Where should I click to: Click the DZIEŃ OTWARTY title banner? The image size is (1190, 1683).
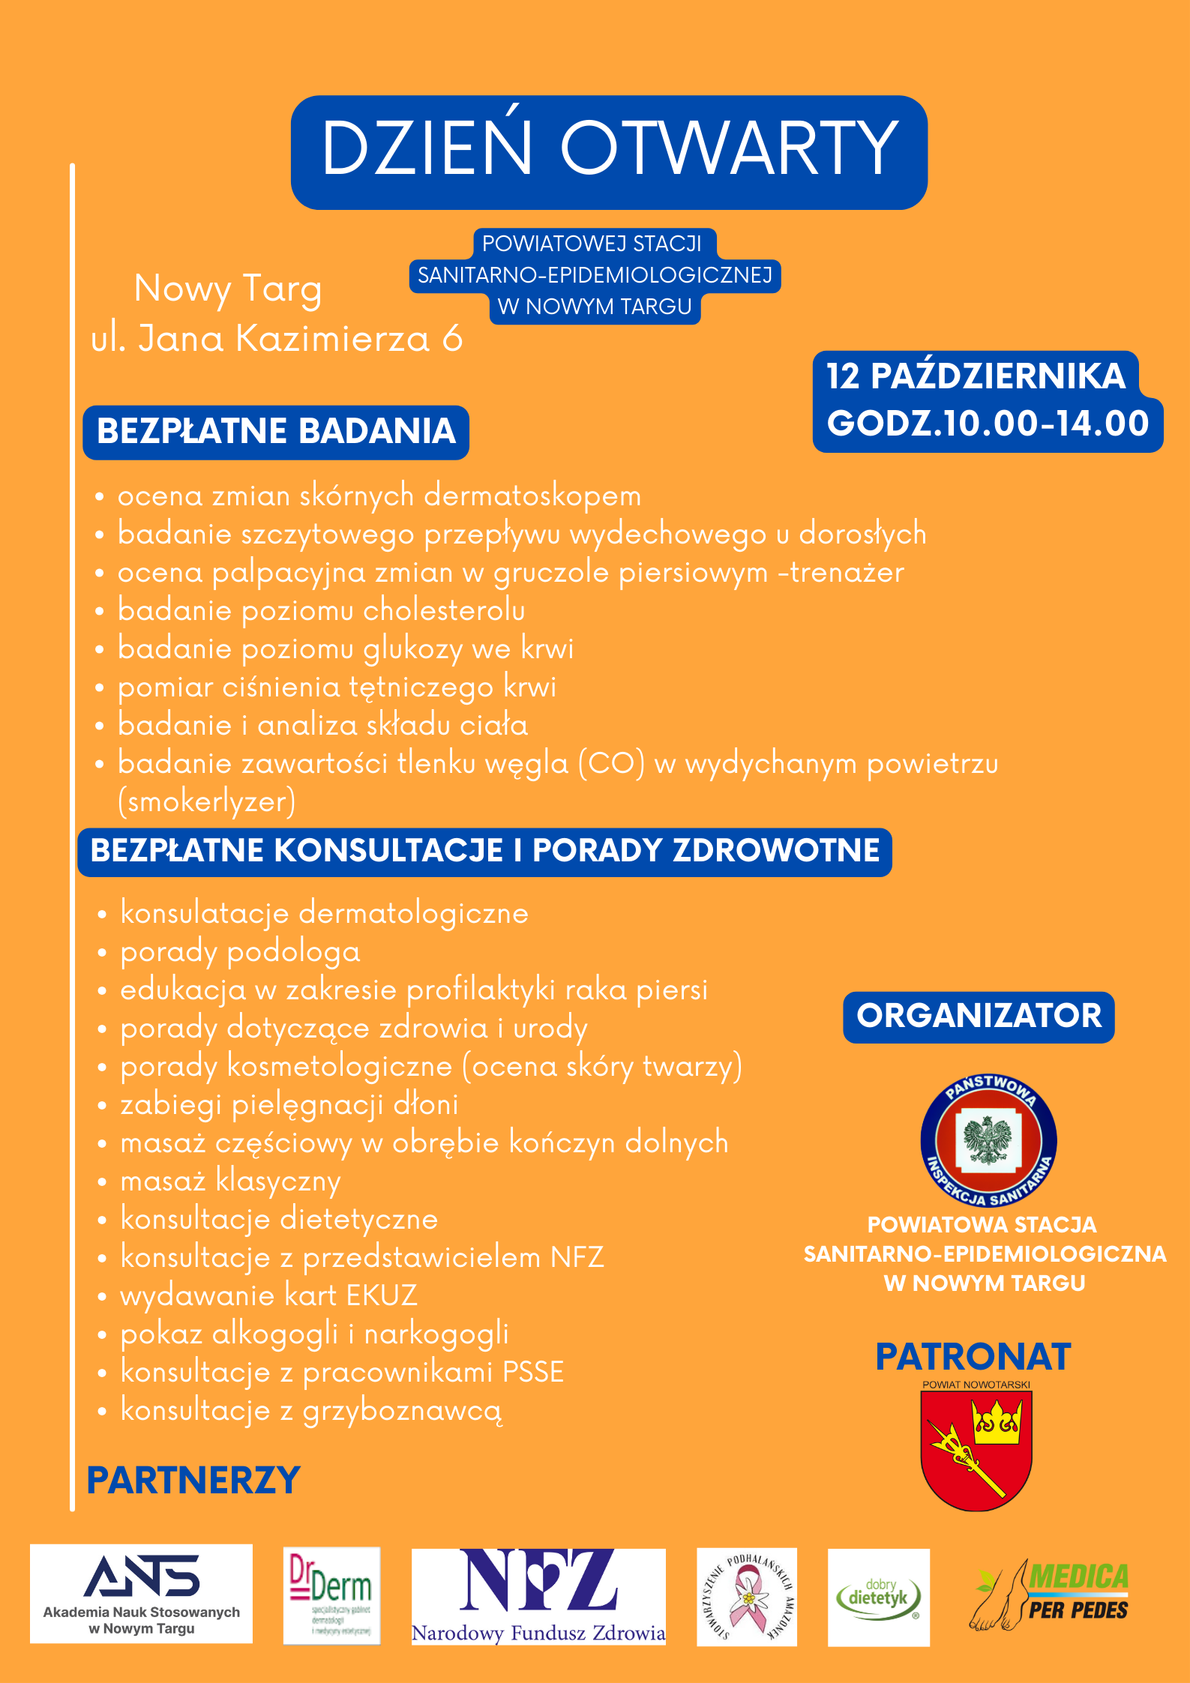609,151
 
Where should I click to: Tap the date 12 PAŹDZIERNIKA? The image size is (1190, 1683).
976,376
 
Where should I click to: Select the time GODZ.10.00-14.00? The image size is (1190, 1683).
988,424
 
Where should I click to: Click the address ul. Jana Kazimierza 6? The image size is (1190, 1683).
277,338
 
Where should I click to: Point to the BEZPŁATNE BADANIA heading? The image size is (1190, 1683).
276,432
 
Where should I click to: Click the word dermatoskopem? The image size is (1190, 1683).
532,496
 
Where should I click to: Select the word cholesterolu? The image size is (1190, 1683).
444,611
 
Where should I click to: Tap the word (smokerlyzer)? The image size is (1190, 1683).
207,801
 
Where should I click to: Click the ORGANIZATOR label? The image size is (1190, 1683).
979,1017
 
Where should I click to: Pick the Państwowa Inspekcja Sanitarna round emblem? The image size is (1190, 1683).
988,1140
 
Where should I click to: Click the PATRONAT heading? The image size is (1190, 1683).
973,1358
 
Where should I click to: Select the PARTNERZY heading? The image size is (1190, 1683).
193,1481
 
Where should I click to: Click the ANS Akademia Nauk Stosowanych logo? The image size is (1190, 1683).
142,1593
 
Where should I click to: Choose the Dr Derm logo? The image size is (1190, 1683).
331,1594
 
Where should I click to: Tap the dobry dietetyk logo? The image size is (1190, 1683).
878,1597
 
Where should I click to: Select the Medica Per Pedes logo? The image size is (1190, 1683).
1051,1595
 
